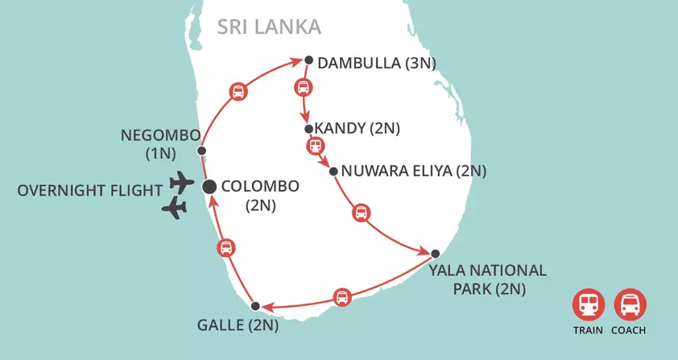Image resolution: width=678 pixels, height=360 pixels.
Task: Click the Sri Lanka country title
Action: coord(269,27)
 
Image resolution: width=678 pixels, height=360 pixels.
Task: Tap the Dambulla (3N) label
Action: coord(377,64)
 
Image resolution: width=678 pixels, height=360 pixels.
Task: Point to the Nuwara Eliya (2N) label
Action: coord(414,171)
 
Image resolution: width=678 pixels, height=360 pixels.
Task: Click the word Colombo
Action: coord(260,186)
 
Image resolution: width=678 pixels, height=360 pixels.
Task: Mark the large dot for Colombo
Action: coord(209,187)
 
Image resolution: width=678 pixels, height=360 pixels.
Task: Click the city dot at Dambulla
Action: coord(308,59)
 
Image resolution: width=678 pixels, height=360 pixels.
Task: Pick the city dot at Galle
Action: coord(255,306)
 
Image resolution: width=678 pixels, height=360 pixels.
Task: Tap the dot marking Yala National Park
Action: coord(435,254)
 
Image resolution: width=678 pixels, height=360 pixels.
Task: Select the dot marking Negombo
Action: coord(201,151)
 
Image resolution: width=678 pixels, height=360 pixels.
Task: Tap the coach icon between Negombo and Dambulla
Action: coord(238,91)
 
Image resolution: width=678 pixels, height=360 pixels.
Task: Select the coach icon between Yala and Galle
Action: coord(342,296)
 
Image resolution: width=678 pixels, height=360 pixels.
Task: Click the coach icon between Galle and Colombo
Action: coord(226,247)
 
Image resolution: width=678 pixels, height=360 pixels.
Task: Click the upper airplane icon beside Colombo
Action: coord(183,182)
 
